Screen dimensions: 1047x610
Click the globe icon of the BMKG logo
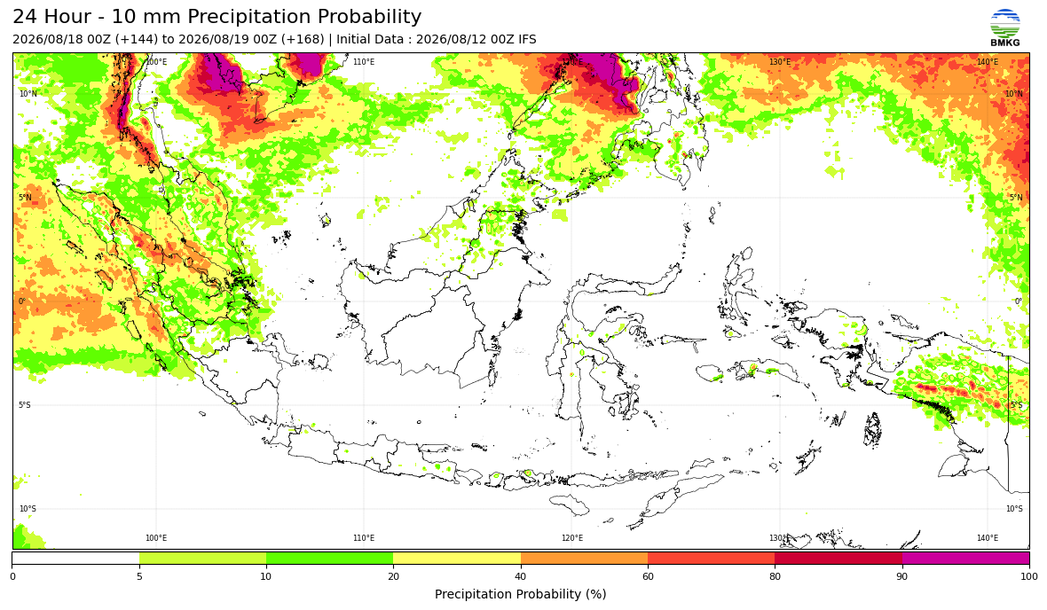[1005, 23]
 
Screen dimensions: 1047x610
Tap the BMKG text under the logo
[1005, 43]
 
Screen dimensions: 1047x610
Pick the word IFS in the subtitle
[528, 39]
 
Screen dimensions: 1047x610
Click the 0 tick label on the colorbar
[12, 576]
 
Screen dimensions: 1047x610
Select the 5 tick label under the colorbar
[139, 576]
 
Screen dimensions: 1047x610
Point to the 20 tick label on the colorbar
[393, 576]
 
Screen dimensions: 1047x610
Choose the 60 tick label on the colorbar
[648, 576]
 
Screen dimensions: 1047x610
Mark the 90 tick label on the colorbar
[902, 576]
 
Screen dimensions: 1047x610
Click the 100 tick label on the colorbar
[1029, 576]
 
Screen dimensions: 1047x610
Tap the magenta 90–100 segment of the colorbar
[965, 559]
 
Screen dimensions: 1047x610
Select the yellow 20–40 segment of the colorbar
[457, 559]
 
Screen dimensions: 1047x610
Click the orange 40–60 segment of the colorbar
[584, 559]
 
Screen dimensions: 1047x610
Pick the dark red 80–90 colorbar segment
[838, 559]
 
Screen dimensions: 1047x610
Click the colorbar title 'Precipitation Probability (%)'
[520, 594]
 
